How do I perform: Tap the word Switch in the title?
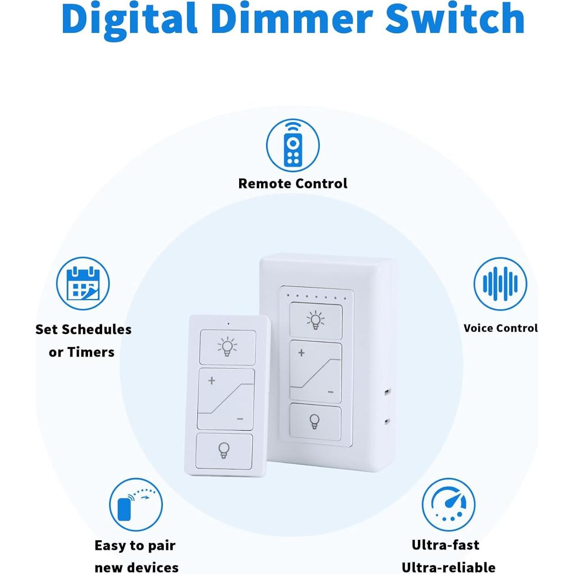[455, 18]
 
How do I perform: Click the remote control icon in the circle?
[292, 146]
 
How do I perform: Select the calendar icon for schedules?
[83, 283]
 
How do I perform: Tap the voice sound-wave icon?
[500, 284]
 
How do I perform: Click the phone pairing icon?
[136, 505]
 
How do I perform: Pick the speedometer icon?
[449, 505]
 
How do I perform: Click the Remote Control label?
[292, 183]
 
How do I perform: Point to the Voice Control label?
[501, 328]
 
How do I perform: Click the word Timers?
[91, 352]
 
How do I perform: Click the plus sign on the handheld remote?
[212, 381]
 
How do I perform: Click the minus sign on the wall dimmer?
[330, 392]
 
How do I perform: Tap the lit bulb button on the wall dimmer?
[316, 320]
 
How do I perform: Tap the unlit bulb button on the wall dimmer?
[315, 422]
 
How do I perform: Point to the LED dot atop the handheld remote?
[228, 324]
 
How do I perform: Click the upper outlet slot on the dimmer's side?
[387, 392]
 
